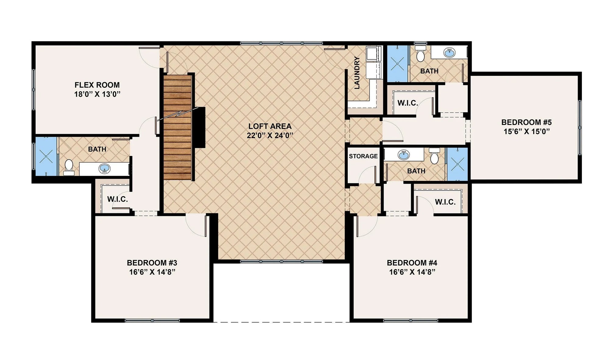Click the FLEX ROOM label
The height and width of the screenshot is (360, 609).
tap(97, 85)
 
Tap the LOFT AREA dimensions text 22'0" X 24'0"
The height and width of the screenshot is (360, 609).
tap(270, 136)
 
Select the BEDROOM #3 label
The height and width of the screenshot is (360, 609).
tap(152, 263)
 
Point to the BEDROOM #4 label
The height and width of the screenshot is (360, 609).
tap(412, 263)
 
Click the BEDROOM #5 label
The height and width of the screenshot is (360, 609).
tap(526, 122)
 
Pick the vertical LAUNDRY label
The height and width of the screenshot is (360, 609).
tap(357, 73)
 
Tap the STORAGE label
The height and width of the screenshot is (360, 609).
tap(363, 156)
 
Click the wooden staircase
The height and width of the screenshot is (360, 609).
tap(178, 128)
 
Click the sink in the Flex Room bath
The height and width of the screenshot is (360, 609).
tap(105, 168)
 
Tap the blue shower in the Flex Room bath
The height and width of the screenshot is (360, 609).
tap(46, 157)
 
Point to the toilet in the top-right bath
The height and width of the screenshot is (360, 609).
tap(421, 54)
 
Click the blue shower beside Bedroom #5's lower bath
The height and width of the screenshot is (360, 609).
tap(457, 164)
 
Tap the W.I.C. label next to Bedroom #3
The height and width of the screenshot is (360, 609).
tap(118, 199)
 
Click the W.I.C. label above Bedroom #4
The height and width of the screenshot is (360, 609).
tap(445, 202)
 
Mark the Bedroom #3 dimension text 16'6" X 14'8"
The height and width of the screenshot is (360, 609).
tap(152, 272)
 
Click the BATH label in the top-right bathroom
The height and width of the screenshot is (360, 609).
tap(429, 71)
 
